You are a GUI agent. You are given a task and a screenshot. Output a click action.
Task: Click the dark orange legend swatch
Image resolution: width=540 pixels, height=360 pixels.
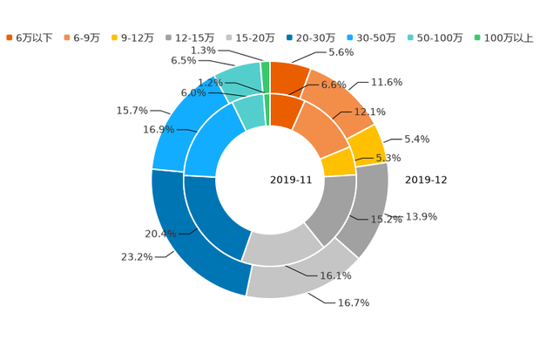pos(9,37)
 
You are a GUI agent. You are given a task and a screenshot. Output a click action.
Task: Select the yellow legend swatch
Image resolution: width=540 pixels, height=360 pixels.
pos(115,37)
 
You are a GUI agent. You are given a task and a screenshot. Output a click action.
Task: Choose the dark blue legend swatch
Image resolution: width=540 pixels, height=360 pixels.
pos(287,37)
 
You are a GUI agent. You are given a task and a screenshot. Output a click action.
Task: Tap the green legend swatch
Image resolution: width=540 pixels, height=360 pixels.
pos(477,37)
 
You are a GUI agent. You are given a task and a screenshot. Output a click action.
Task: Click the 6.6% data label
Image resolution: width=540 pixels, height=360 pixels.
pos(334,85)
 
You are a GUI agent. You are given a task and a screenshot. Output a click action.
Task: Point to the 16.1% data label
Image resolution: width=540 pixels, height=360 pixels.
pos(336,276)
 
